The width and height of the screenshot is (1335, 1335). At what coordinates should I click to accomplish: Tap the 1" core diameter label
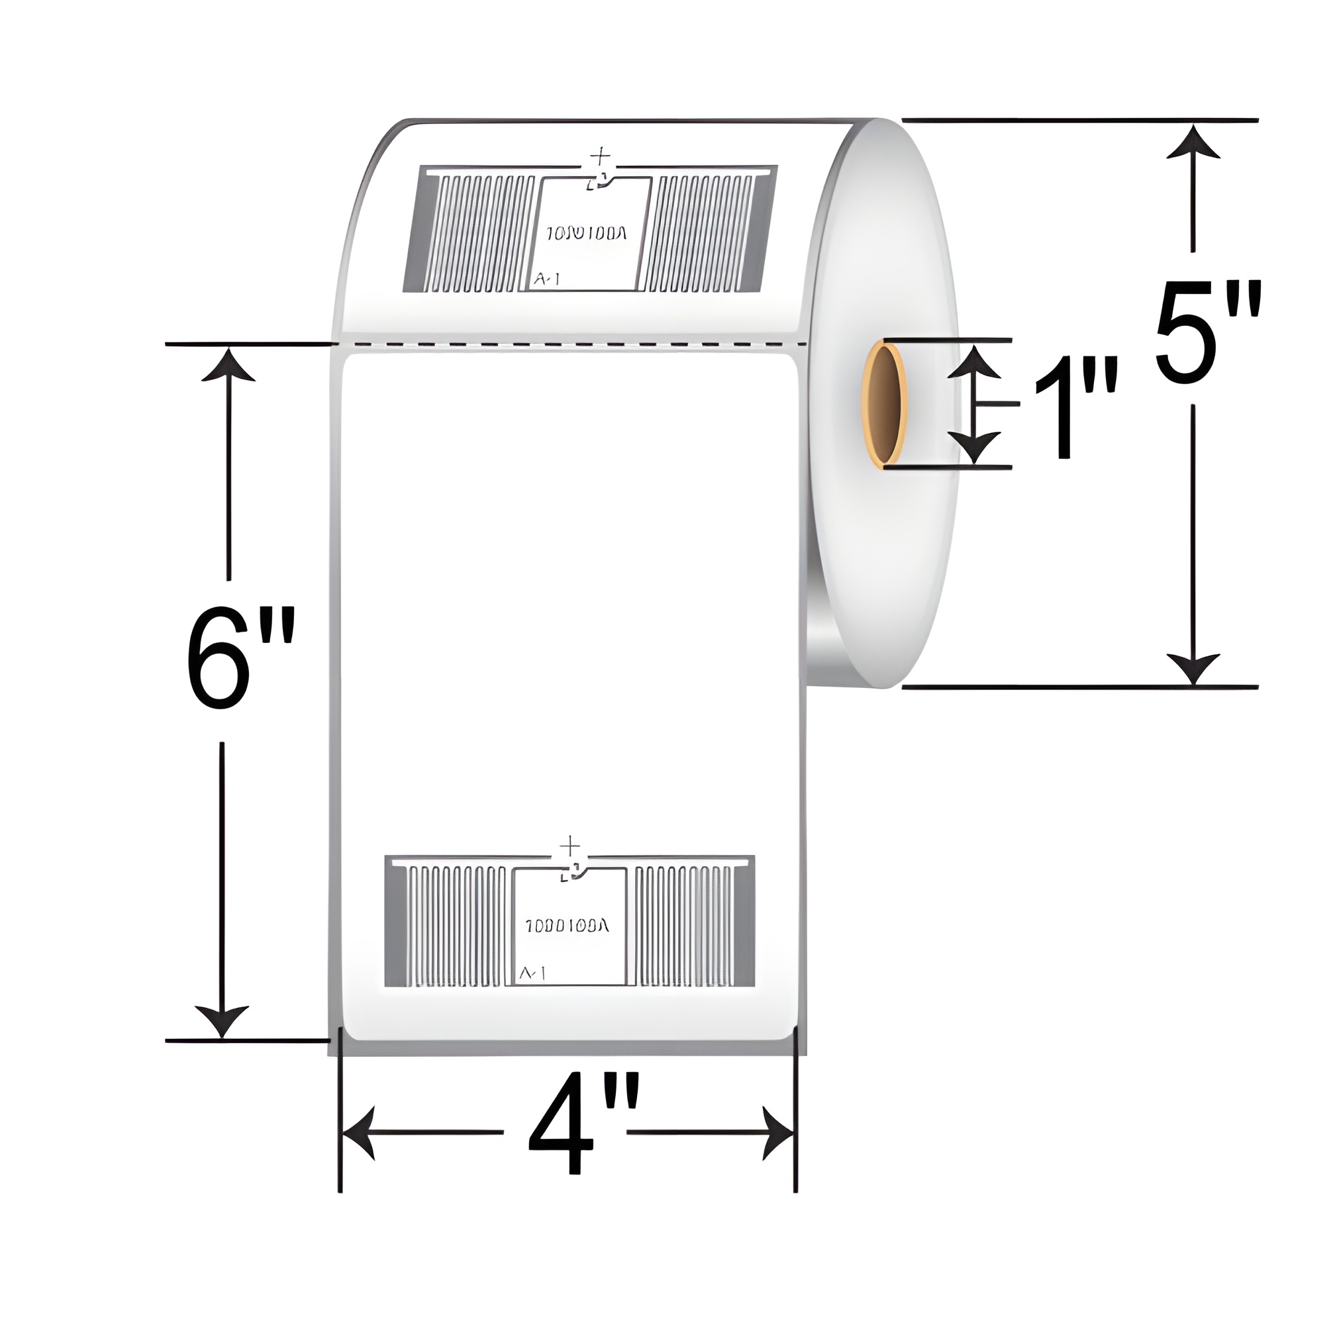click(1075, 408)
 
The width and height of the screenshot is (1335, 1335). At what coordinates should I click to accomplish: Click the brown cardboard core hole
click(885, 405)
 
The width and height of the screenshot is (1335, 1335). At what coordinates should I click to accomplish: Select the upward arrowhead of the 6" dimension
click(228, 366)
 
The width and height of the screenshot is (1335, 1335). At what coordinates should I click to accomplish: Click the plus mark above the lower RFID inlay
click(569, 845)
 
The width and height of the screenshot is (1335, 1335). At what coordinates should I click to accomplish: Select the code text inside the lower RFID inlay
click(567, 926)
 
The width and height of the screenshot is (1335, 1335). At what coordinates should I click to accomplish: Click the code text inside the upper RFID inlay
click(587, 234)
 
